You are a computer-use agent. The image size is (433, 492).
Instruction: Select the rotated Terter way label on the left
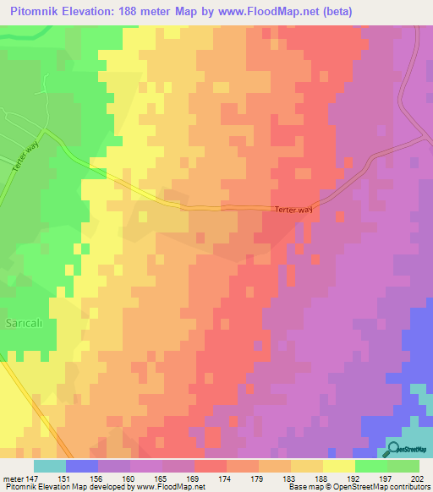coord(26,158)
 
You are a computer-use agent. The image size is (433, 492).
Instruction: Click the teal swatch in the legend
coord(50,466)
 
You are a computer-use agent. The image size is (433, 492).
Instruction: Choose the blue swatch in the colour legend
coord(82,466)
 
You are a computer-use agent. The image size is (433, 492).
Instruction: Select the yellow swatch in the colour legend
coord(339,466)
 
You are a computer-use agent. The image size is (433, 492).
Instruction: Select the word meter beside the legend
coord(12,477)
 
